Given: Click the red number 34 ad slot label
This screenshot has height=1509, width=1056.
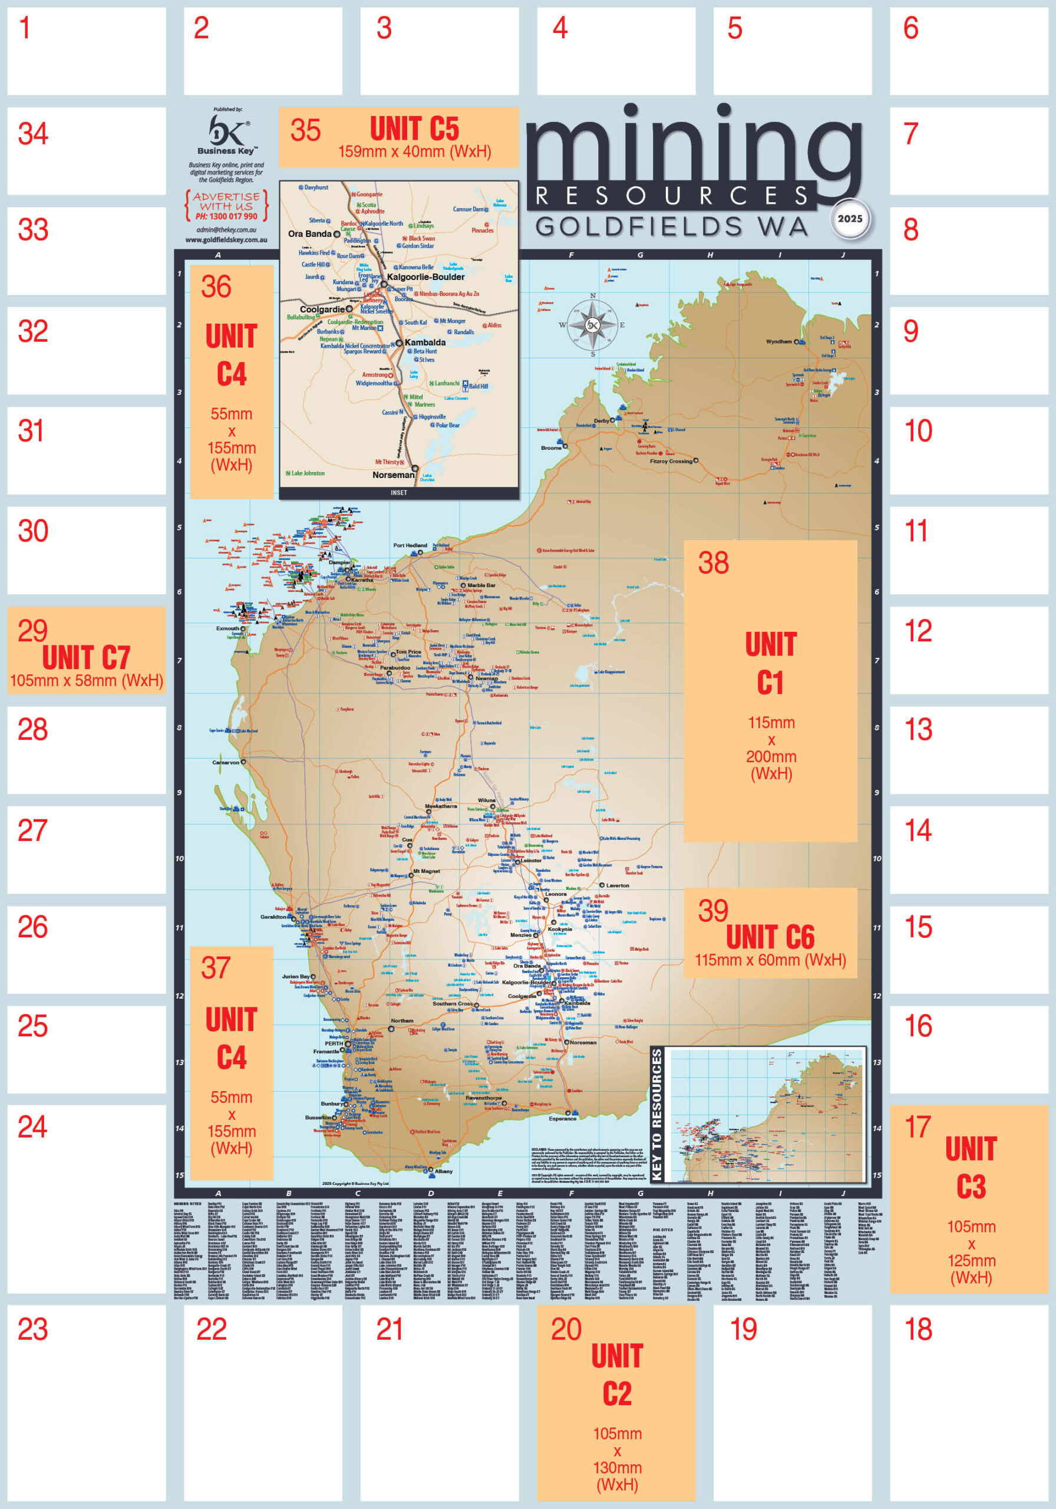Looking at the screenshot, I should pos(33,134).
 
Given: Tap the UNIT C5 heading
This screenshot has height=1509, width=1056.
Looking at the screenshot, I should pos(414,129).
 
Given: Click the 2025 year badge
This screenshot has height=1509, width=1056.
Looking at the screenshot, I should pos(850,219).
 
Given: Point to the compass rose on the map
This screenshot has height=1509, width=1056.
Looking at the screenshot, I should pos(592,325).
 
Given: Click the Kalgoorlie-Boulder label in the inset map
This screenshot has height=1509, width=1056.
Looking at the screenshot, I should pos(426,276).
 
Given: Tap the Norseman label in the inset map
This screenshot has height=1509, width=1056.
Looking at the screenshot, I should pos(393,475).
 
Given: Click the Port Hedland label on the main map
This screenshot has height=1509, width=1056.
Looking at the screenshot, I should pos(410,545).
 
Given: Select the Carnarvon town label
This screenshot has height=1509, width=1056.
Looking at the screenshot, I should pos(225,762).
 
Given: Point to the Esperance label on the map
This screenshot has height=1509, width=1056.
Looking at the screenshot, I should pos(563,1118).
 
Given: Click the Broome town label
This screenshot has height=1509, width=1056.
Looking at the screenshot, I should pos(550,447).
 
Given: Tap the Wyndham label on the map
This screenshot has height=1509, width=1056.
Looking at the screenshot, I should pos(778,342).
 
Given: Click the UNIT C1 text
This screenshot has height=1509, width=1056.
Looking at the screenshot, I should pos(770,663).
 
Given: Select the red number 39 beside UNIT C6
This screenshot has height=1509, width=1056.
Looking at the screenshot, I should pos(713,911).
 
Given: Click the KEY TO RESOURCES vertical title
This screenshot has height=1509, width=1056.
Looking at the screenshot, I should pos(656,1115).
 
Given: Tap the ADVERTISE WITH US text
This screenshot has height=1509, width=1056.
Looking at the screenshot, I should pos(226,201).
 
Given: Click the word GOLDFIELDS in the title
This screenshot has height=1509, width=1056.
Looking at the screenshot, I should pos(639,228).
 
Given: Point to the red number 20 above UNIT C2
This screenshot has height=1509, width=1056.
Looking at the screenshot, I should pos(566,1330).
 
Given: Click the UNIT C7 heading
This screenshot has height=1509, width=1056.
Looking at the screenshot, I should pos(86,658).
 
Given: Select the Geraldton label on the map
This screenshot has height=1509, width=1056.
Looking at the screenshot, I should pos(273,917).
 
